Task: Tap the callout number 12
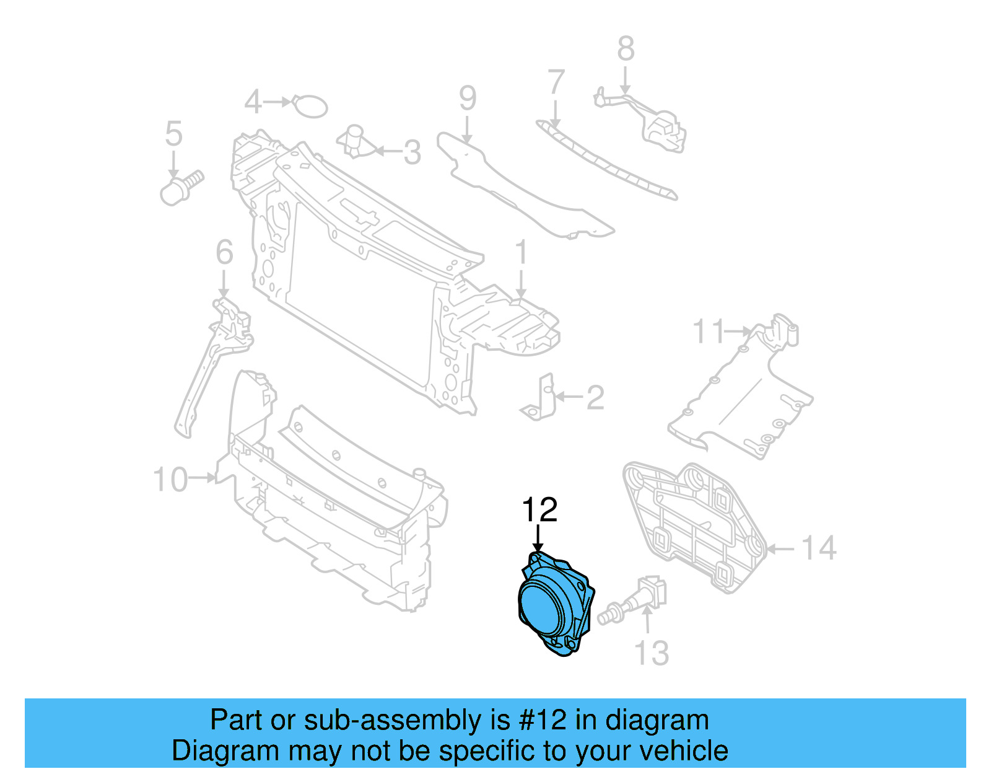(539, 510)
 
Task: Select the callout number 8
(626, 48)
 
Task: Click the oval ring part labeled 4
(310, 106)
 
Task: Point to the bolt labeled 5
(180, 188)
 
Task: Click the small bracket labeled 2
(538, 400)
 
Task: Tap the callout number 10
(170, 480)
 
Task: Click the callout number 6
(224, 253)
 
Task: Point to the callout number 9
(468, 98)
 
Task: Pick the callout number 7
(556, 82)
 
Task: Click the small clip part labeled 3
(356, 141)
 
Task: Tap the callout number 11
(708, 332)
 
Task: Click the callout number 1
(521, 252)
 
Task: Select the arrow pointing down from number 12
(538, 537)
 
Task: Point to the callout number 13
(652, 653)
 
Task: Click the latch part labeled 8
(663, 130)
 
